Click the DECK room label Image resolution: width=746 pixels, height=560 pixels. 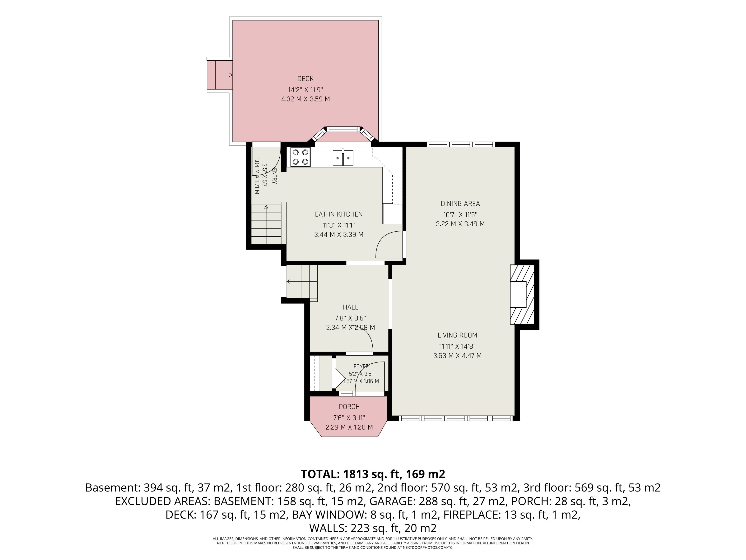pyautogui.click(x=305, y=79)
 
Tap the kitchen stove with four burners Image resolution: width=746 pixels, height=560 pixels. pyautogui.click(x=300, y=157)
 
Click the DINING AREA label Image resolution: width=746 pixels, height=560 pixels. pyautogui.click(x=460, y=204)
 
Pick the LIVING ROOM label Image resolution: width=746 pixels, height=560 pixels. pyautogui.click(x=457, y=335)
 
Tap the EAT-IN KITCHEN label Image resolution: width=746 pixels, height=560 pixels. pyautogui.click(x=339, y=214)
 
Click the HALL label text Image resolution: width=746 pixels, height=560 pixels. pyautogui.click(x=350, y=307)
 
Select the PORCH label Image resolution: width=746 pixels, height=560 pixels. pyautogui.click(x=349, y=407)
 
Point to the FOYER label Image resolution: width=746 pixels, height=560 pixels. pyautogui.click(x=361, y=366)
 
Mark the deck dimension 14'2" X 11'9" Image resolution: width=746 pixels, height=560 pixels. pyautogui.click(x=305, y=90)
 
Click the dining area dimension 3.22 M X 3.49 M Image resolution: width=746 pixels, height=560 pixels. pyautogui.click(x=460, y=224)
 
